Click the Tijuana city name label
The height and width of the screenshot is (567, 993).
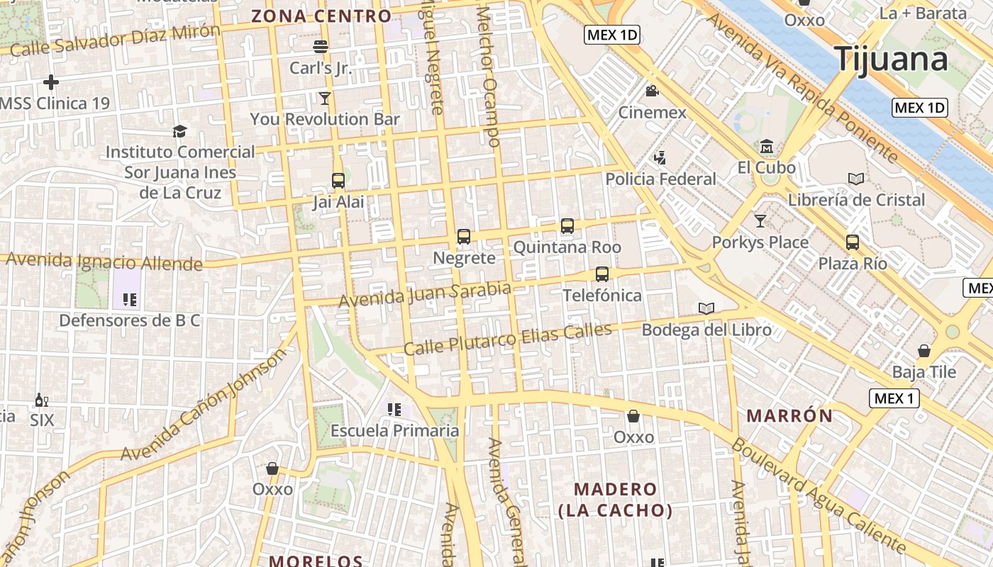(892, 59)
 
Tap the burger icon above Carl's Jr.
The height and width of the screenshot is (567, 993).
(321, 47)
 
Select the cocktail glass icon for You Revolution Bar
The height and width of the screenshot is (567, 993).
(325, 98)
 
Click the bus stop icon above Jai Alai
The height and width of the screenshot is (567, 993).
(338, 180)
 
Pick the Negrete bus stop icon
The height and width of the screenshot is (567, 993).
(464, 237)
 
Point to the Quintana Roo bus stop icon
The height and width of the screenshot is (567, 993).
(567, 226)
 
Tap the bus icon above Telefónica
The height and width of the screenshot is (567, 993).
(602, 274)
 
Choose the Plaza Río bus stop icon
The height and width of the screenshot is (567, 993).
(853, 242)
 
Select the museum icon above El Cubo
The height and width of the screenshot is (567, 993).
(766, 147)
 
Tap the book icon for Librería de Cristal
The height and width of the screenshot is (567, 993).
(856, 179)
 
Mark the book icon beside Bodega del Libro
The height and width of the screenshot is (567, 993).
(706, 308)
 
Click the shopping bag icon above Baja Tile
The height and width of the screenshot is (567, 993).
(924, 351)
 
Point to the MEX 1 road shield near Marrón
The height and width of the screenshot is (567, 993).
(894, 398)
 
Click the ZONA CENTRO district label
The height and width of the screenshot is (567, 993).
(321, 16)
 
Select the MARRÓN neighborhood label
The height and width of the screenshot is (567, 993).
(789, 416)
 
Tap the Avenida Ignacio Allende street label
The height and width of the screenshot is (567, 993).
(104, 262)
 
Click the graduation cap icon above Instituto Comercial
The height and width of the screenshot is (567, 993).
(179, 131)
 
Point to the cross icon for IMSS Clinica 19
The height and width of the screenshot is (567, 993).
(50, 82)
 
